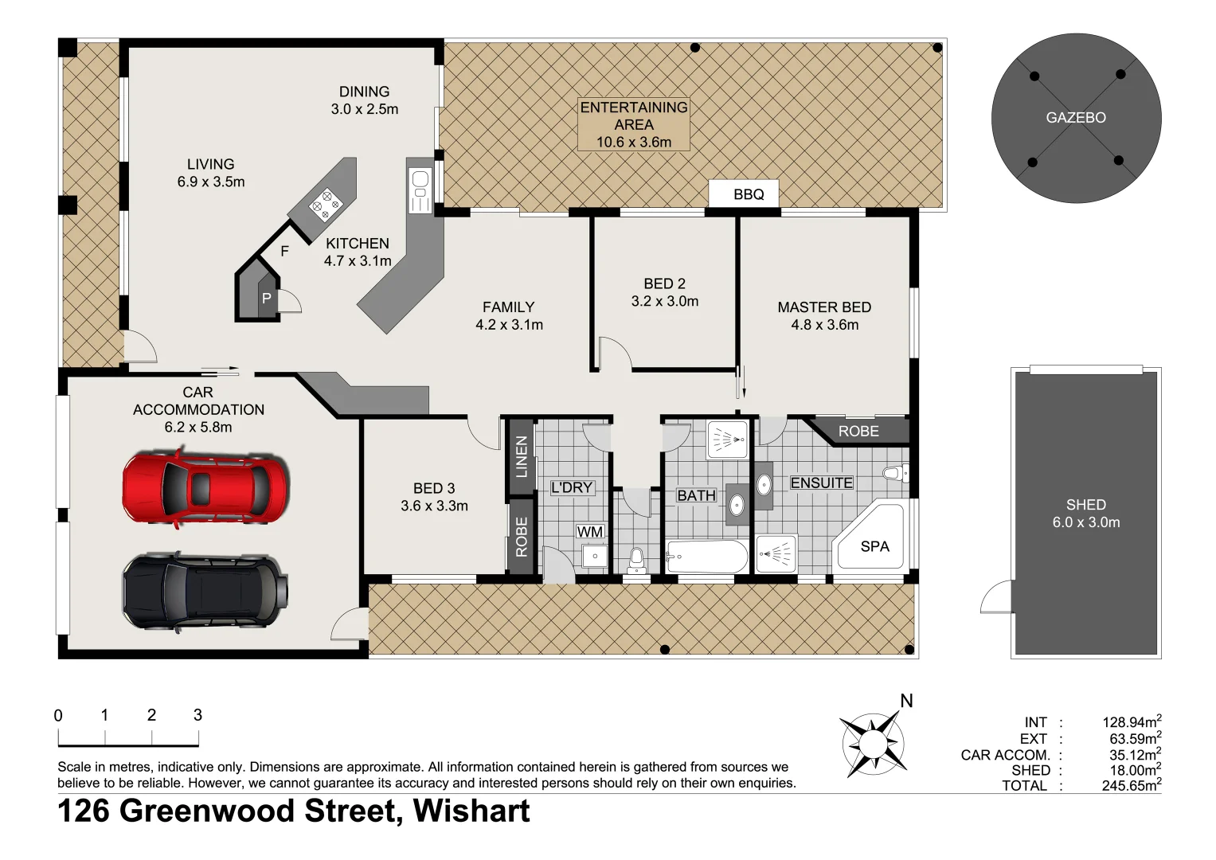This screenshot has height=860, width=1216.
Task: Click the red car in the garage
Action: (205, 487)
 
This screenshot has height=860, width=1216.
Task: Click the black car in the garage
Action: (205, 592)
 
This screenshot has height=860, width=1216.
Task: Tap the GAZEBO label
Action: (1076, 118)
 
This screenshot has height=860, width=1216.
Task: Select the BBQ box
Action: (748, 194)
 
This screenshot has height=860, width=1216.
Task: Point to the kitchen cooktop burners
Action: (325, 204)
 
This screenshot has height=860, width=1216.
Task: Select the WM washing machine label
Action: (590, 531)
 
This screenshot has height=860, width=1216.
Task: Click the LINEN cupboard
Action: (521, 456)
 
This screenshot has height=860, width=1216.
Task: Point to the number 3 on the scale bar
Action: (197, 715)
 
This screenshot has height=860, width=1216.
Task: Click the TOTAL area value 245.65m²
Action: (1131, 785)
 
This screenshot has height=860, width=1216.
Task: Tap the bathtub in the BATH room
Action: (706, 556)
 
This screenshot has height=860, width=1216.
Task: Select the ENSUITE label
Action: (821, 483)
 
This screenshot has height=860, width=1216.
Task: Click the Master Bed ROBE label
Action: (858, 431)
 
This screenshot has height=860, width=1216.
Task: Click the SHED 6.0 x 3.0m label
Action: (1085, 514)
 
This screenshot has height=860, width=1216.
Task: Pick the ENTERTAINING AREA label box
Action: (633, 124)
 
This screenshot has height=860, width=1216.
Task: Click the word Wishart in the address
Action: (471, 811)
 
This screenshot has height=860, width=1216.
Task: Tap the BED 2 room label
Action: (664, 292)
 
